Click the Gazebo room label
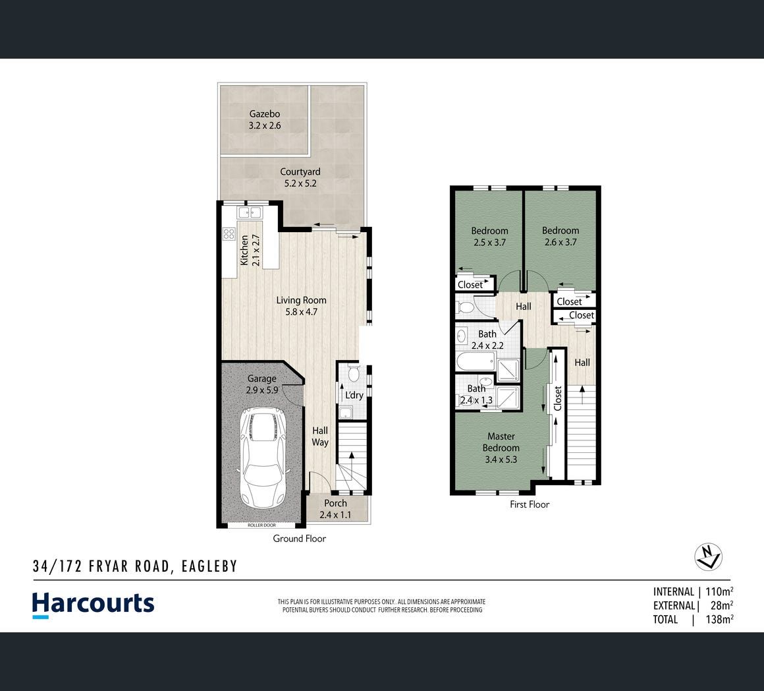265,119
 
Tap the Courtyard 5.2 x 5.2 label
300,177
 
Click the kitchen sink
250,212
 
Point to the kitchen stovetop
229,234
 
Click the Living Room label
301,306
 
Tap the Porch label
335,508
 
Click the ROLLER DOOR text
261,526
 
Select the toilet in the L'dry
354,373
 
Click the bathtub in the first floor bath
476,362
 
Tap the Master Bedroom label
501,448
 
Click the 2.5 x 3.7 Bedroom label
489,237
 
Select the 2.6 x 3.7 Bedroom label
560,236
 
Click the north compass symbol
708,556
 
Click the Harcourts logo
93,605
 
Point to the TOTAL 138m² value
719,619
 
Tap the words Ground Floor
299,539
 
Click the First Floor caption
530,504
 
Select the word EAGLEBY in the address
209,566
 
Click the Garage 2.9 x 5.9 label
262,384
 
